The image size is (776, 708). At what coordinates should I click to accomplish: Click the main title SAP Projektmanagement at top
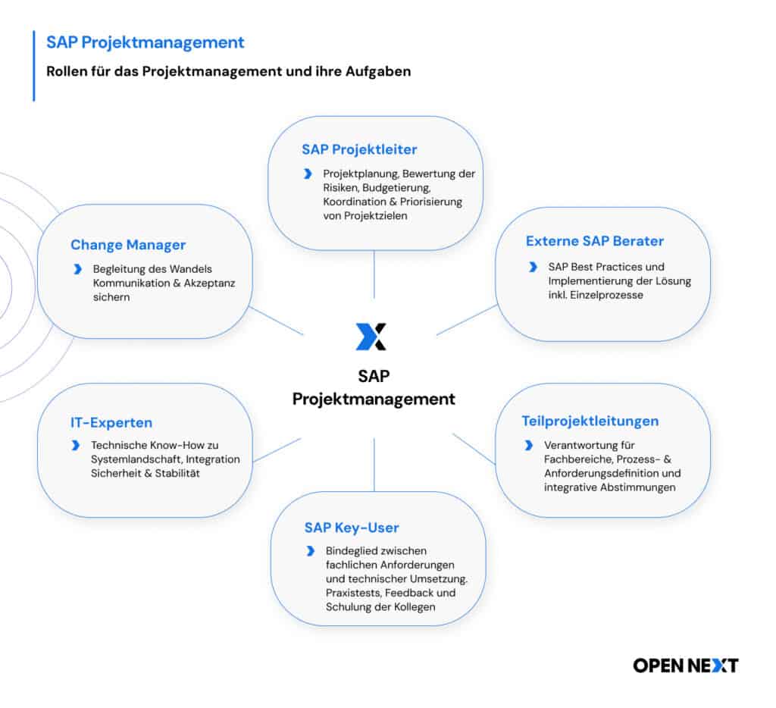click(x=145, y=42)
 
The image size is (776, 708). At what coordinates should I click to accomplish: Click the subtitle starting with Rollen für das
click(x=229, y=72)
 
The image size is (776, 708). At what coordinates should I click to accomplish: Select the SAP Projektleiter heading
click(x=359, y=149)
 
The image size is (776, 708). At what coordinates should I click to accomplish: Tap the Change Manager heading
click(x=128, y=245)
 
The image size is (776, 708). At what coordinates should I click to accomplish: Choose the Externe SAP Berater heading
click(x=595, y=241)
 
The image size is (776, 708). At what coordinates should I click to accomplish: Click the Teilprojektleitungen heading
click(x=590, y=421)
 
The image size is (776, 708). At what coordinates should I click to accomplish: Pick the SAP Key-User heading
click(x=352, y=528)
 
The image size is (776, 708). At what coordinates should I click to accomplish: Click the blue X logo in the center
click(x=371, y=337)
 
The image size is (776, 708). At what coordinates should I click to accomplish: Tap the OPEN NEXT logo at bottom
click(x=685, y=666)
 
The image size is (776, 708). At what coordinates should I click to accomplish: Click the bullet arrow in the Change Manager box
click(x=77, y=269)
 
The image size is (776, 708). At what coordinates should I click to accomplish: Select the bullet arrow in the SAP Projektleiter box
click(x=307, y=174)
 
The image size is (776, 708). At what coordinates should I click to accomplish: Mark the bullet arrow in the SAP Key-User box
click(x=310, y=551)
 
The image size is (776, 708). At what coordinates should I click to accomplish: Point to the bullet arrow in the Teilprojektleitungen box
click(x=528, y=445)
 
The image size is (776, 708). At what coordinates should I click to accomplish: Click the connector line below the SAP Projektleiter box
click(x=374, y=274)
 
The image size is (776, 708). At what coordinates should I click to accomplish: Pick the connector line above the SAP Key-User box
click(x=374, y=465)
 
